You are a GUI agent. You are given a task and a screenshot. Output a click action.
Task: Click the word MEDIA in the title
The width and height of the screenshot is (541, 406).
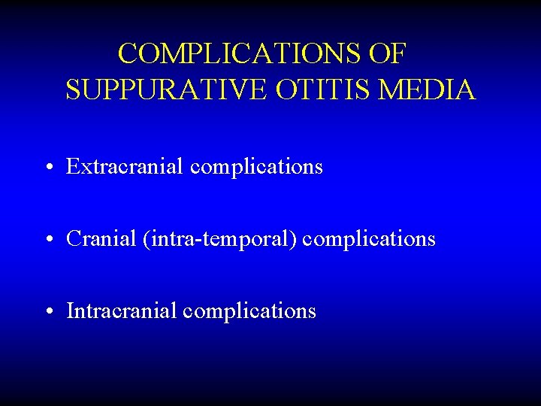pos(428,90)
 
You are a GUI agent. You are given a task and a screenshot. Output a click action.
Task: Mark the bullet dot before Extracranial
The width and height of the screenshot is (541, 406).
pos(48,168)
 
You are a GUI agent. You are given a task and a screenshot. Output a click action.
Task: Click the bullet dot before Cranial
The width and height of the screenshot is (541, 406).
pos(48,240)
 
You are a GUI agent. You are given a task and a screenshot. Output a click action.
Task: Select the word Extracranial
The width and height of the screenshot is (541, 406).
pos(125,166)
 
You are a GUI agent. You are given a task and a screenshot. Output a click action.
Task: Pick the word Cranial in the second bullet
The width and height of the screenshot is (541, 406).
pos(98,239)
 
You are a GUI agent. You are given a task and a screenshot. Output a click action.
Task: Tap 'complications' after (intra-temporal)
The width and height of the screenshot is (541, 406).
pos(369,240)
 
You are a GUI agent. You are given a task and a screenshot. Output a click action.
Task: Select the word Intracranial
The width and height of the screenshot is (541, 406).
pos(122,311)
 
